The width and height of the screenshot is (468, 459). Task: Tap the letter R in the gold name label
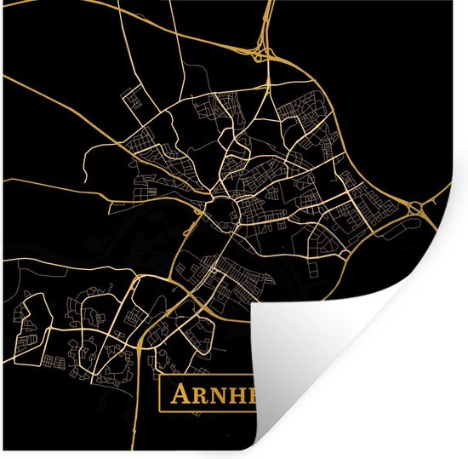[198, 395]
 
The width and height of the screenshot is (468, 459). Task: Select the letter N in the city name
[216, 395]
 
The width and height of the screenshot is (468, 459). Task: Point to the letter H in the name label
[236, 395]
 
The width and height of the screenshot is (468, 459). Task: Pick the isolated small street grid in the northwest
[132, 100]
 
